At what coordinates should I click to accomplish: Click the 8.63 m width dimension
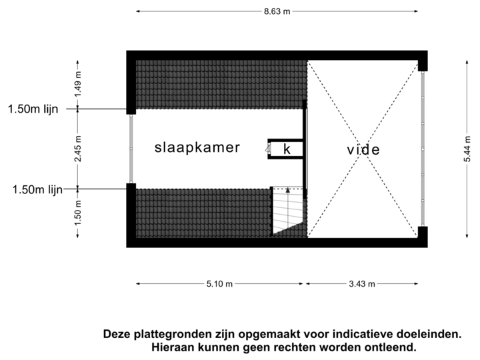click(278, 11)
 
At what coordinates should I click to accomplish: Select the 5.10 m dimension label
click(219, 284)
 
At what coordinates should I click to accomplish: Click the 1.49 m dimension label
click(77, 85)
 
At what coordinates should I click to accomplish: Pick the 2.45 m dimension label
click(77, 149)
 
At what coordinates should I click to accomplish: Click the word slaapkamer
click(197, 147)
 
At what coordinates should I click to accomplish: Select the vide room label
click(363, 150)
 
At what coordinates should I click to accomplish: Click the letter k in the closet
click(287, 149)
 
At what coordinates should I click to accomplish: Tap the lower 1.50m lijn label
click(37, 189)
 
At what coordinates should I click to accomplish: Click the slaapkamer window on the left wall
click(131, 149)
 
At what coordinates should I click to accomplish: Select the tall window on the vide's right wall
click(423, 149)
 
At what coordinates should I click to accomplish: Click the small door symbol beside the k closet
click(267, 149)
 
